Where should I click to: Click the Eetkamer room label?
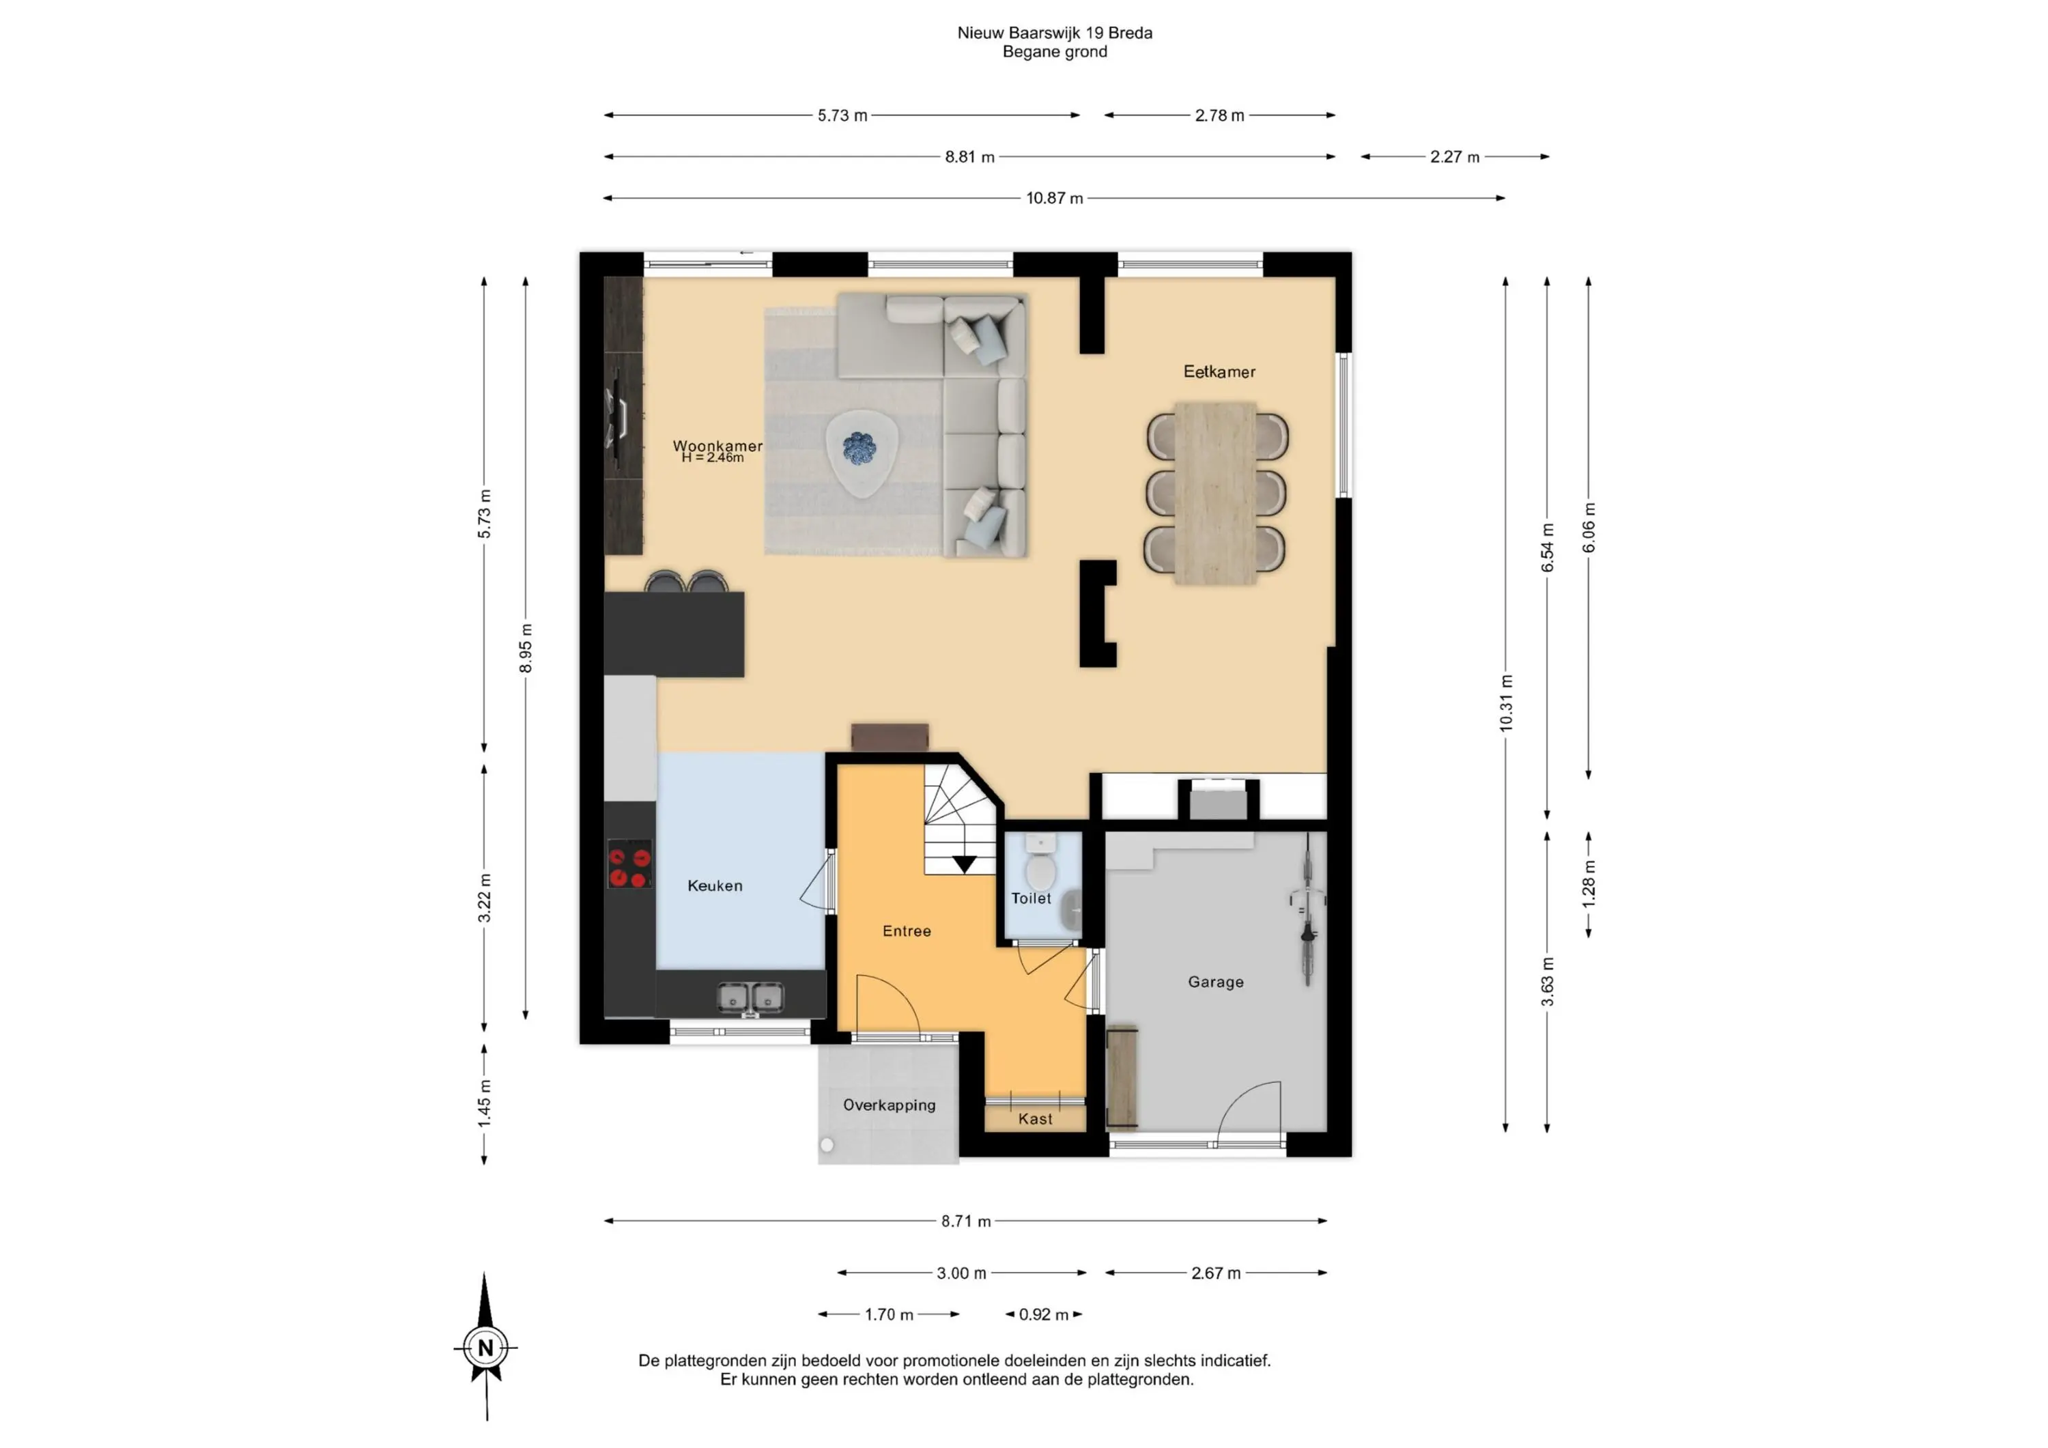tap(1219, 371)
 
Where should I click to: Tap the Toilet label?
tap(1030, 898)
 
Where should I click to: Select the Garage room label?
tap(1215, 982)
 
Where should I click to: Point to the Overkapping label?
tap(890, 1105)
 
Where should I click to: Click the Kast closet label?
tap(1035, 1119)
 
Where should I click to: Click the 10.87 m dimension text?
tap(1054, 198)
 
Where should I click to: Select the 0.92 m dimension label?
tap(1044, 1314)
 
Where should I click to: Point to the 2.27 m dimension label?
tap(1455, 157)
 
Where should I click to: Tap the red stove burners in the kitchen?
tap(628, 864)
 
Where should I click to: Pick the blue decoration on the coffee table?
tap(858, 448)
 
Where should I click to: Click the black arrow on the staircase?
tap(964, 864)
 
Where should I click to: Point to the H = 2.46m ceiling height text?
tap(713, 457)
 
